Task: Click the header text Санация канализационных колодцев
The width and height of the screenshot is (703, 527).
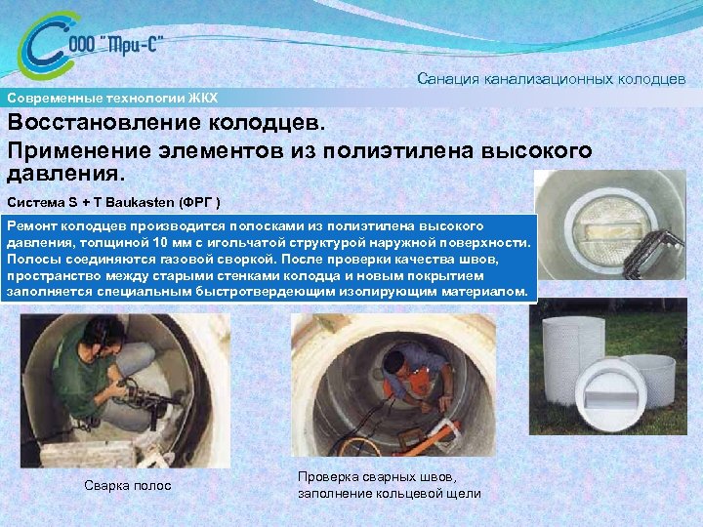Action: click(551, 77)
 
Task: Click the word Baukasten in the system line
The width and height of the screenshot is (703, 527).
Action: click(147, 202)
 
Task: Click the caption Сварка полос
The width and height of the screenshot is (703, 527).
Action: click(127, 485)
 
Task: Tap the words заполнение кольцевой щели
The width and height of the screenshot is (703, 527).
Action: click(389, 494)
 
